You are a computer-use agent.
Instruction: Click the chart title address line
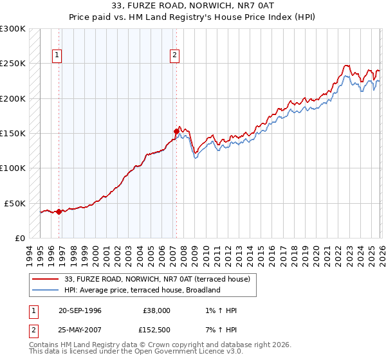tap(192, 6)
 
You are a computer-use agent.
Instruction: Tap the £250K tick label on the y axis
tap(13, 64)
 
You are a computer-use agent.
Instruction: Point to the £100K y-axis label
tap(13, 168)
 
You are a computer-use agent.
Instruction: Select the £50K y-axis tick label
tap(15, 203)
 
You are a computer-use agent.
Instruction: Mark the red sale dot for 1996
tap(59, 212)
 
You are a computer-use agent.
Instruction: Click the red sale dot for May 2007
tap(176, 132)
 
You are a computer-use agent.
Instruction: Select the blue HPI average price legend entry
tap(142, 290)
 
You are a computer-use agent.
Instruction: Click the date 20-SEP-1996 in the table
tap(80, 310)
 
